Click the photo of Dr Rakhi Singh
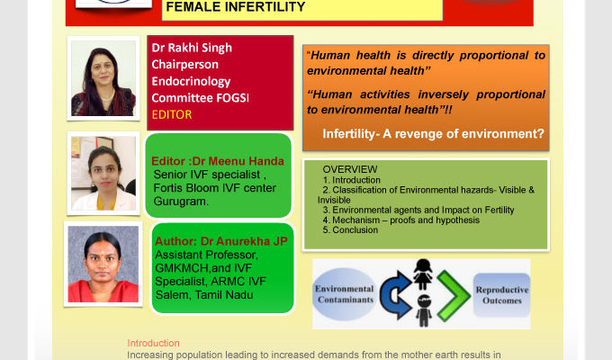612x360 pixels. pyautogui.click(x=103, y=78)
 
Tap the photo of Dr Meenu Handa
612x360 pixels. pyautogui.click(x=103, y=174)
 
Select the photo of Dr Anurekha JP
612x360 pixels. pyautogui.click(x=103, y=264)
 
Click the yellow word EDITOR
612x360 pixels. pyautogui.click(x=172, y=114)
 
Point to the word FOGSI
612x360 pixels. pyautogui.click(x=232, y=97)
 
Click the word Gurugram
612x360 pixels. pyautogui.click(x=181, y=202)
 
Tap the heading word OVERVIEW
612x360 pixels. pyautogui.click(x=350, y=169)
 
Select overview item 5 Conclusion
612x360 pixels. pyautogui.click(x=350, y=230)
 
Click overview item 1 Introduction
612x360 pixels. pyautogui.click(x=351, y=180)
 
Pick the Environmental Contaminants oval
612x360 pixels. pyautogui.click(x=344, y=294)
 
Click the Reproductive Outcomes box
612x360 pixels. pyautogui.click(x=501, y=295)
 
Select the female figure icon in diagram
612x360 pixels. pyautogui.click(x=423, y=274)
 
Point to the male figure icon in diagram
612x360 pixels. pyautogui.click(x=424, y=310)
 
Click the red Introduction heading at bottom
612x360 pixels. pyautogui.click(x=153, y=343)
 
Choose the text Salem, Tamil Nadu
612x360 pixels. pyautogui.click(x=204, y=295)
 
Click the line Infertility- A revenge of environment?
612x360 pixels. pyautogui.click(x=433, y=134)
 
